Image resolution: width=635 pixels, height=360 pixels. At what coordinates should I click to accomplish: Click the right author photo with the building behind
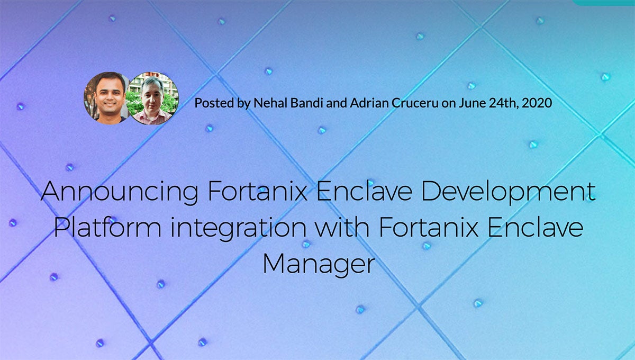coord(153,99)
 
